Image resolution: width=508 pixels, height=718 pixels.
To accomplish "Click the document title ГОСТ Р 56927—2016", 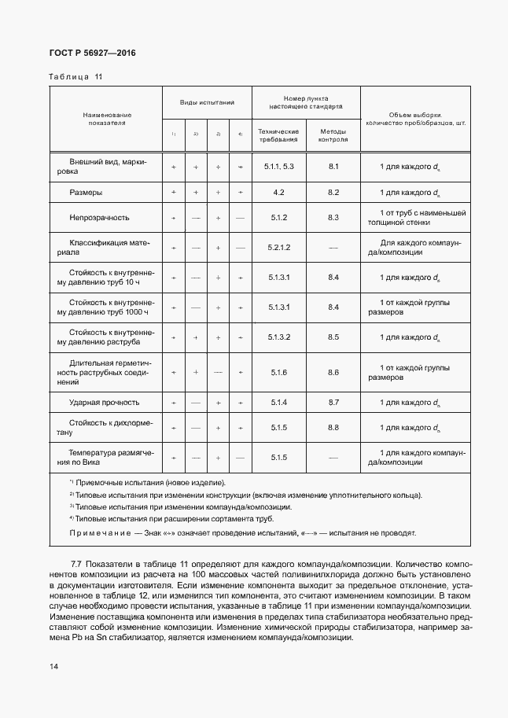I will click(83, 53).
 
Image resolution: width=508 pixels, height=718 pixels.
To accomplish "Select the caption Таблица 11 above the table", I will click(75, 77).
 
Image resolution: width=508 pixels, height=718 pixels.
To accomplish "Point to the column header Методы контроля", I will click(333, 135).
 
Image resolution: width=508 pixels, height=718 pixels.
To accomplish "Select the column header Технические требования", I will click(278, 135).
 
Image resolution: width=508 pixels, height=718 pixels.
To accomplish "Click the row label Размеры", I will click(86, 193).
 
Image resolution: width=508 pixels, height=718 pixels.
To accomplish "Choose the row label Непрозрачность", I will click(99, 218).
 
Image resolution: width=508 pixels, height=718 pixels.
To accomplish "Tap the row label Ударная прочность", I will click(105, 403).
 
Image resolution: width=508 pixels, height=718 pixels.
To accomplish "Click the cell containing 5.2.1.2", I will click(279, 248).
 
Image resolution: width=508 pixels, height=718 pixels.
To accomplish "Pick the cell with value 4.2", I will click(279, 193).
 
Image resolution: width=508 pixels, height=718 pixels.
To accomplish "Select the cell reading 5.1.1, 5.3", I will click(279, 167).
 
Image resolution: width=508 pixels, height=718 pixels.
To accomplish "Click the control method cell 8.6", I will click(333, 372).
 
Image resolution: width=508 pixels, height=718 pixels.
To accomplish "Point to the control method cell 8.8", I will click(333, 428).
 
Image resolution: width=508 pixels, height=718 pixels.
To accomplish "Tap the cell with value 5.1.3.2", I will click(279, 337).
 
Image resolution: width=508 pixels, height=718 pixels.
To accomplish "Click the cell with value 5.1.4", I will click(279, 403).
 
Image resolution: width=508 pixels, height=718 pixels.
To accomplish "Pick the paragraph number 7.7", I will click(77, 565).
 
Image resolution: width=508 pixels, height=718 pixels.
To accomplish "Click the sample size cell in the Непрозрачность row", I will click(417, 218).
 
